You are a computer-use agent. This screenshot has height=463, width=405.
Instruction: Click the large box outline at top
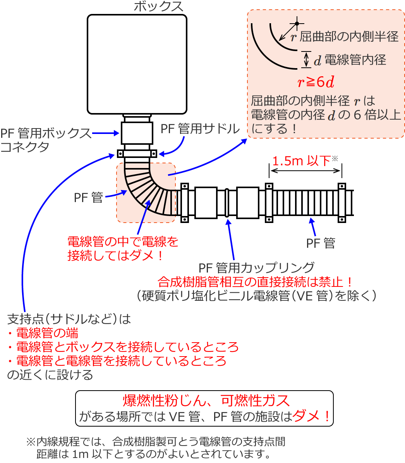(x=137, y=64)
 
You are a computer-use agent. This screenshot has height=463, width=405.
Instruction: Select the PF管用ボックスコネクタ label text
(x=45, y=140)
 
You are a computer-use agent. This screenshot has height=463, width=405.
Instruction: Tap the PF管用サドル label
(x=200, y=129)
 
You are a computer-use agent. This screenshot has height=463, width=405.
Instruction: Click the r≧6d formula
(x=316, y=82)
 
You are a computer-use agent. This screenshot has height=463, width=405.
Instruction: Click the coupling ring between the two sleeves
(x=227, y=202)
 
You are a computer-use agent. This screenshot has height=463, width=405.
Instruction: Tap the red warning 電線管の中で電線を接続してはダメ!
(x=123, y=249)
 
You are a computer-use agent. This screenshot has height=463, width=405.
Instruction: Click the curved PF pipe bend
(x=146, y=190)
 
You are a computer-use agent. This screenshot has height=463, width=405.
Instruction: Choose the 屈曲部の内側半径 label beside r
(x=349, y=37)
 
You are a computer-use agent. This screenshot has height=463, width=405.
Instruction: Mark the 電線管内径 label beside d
(x=355, y=60)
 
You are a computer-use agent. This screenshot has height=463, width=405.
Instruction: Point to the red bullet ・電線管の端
(x=43, y=333)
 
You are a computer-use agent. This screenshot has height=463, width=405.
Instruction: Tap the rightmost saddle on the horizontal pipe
(x=342, y=202)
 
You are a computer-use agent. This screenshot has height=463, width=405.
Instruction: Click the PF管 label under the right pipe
(x=321, y=243)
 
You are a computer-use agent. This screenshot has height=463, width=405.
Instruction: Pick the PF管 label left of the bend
(x=89, y=197)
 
